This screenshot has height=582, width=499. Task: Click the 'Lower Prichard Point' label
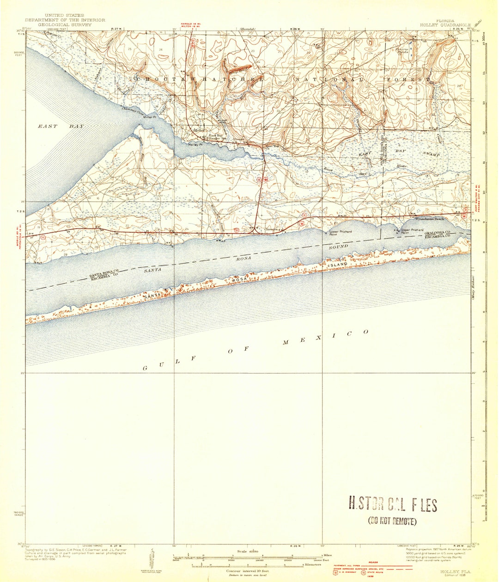pos(340,232)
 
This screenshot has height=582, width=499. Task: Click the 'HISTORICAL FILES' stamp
pos(392,505)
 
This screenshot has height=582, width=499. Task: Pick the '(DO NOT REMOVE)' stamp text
pos(392,521)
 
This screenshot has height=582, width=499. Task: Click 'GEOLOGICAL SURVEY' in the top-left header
pos(65,24)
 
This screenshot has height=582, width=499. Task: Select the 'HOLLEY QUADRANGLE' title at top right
pos(445,24)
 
